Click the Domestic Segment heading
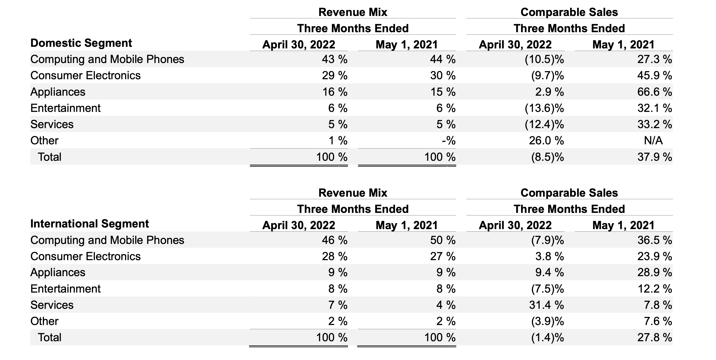pos(81,43)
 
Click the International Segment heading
pos(89,224)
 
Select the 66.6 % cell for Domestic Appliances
pos(654,92)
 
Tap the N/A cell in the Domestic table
pos(653,141)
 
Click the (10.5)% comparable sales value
pos(544,60)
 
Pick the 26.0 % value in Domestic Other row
pos(546,141)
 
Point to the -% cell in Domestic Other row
pos(449,141)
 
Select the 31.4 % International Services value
pos(546,305)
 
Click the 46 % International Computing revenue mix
pos(335,240)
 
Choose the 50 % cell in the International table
pos(443,240)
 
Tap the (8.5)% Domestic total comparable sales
pos(547,157)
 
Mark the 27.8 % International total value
pos(654,338)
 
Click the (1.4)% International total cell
pos(547,338)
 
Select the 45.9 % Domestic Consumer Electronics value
pos(654,76)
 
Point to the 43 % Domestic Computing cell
pos(335,60)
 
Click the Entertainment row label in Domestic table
pos(65,108)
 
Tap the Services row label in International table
pos(52,305)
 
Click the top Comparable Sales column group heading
pos(569,12)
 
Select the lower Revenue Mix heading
pos(353,193)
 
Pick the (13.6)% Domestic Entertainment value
pos(544,108)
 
